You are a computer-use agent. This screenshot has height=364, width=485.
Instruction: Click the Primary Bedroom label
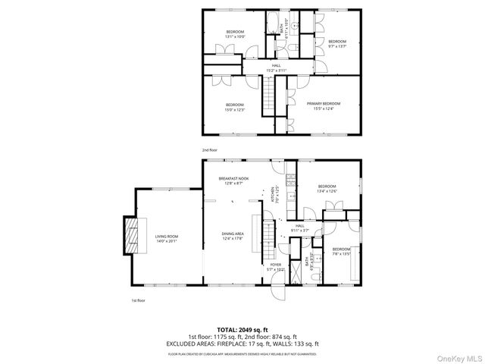click(324, 104)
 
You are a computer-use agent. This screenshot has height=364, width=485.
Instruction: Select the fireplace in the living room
click(132, 238)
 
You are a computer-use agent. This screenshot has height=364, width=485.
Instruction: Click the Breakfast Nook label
click(233, 177)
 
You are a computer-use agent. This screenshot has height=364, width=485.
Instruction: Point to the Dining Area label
click(233, 234)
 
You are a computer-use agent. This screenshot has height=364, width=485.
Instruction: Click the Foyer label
click(276, 265)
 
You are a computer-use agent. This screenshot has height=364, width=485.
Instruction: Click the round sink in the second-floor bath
click(298, 24)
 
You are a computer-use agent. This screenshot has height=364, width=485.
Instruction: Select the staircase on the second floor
click(268, 97)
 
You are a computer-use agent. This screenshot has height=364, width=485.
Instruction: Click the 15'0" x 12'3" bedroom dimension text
click(234, 108)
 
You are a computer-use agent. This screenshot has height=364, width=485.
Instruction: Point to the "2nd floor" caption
click(210, 150)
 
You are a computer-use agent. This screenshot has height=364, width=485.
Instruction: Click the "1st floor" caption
click(138, 300)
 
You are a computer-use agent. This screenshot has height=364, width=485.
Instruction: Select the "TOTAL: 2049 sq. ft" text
click(242, 329)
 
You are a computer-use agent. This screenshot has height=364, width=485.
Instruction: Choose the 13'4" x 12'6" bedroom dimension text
click(327, 191)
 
